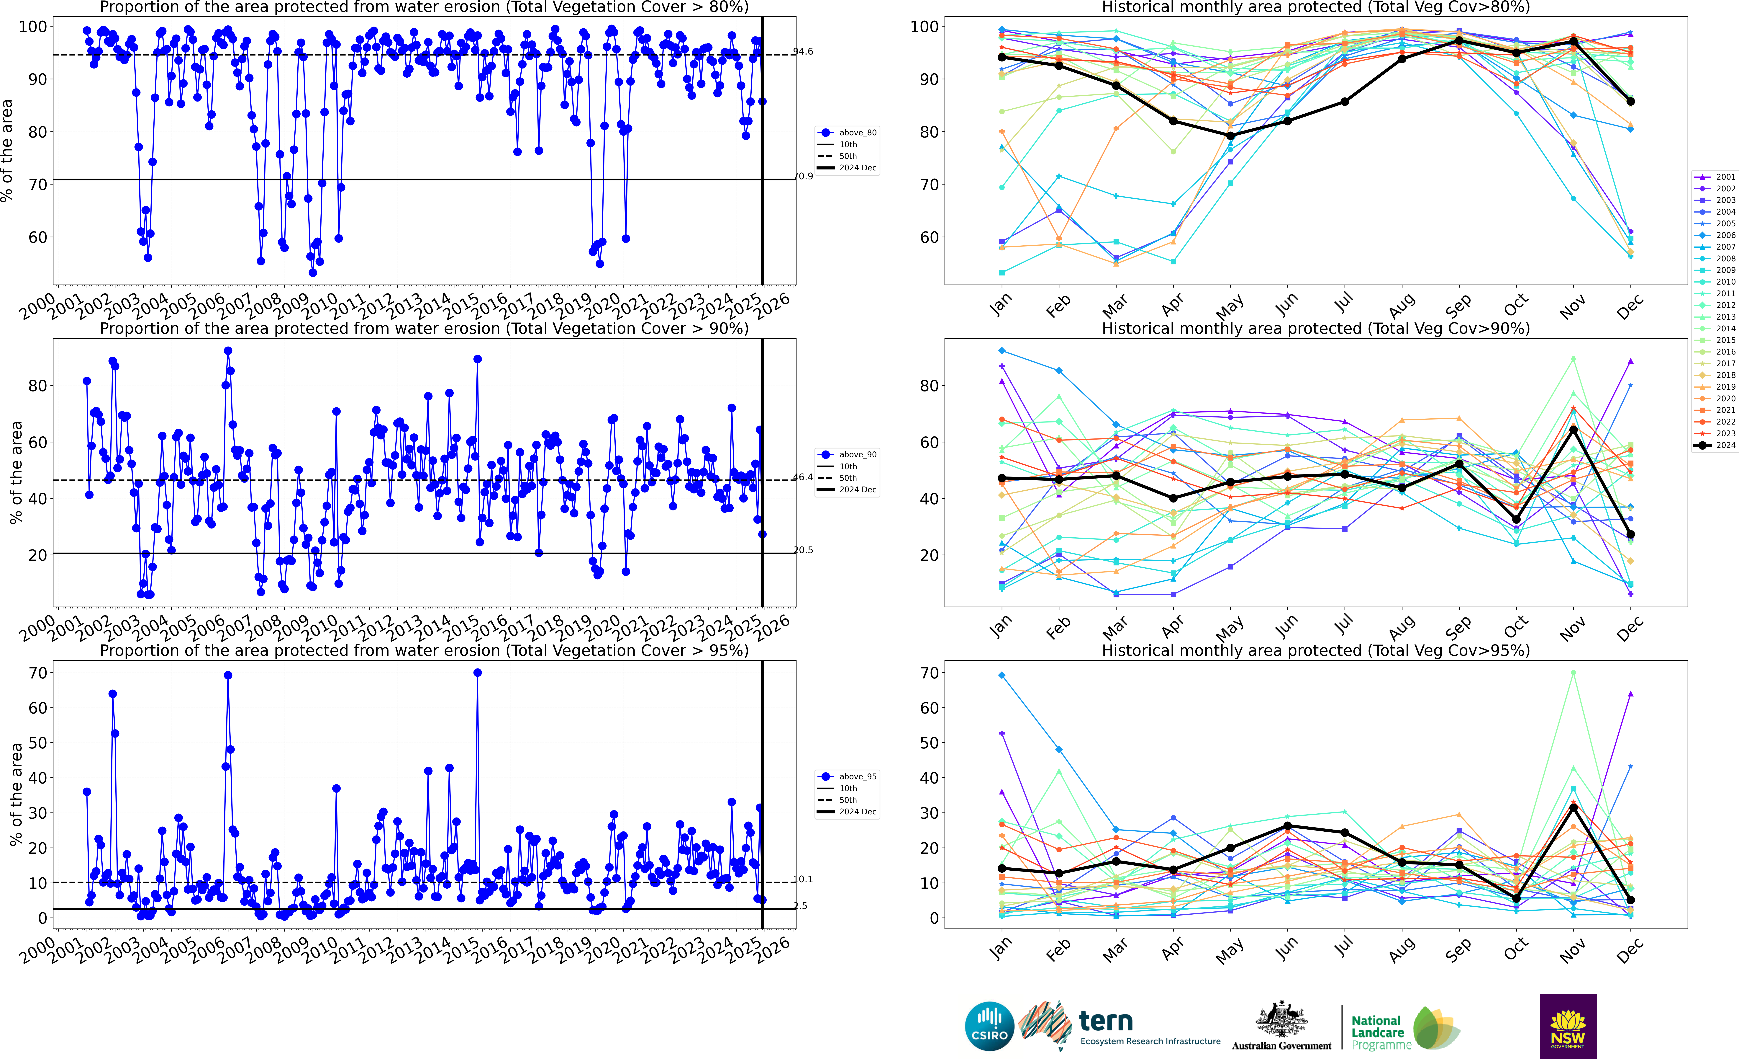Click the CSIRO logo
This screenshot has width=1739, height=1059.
click(x=989, y=1026)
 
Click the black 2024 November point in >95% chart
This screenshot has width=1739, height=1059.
click(x=1573, y=807)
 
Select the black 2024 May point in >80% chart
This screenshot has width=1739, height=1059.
click(x=1230, y=136)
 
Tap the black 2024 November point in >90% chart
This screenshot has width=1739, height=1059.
click(x=1573, y=429)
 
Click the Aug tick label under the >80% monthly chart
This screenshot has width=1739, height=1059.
click(x=1401, y=306)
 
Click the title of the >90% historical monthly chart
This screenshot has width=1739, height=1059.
click(x=1316, y=329)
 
